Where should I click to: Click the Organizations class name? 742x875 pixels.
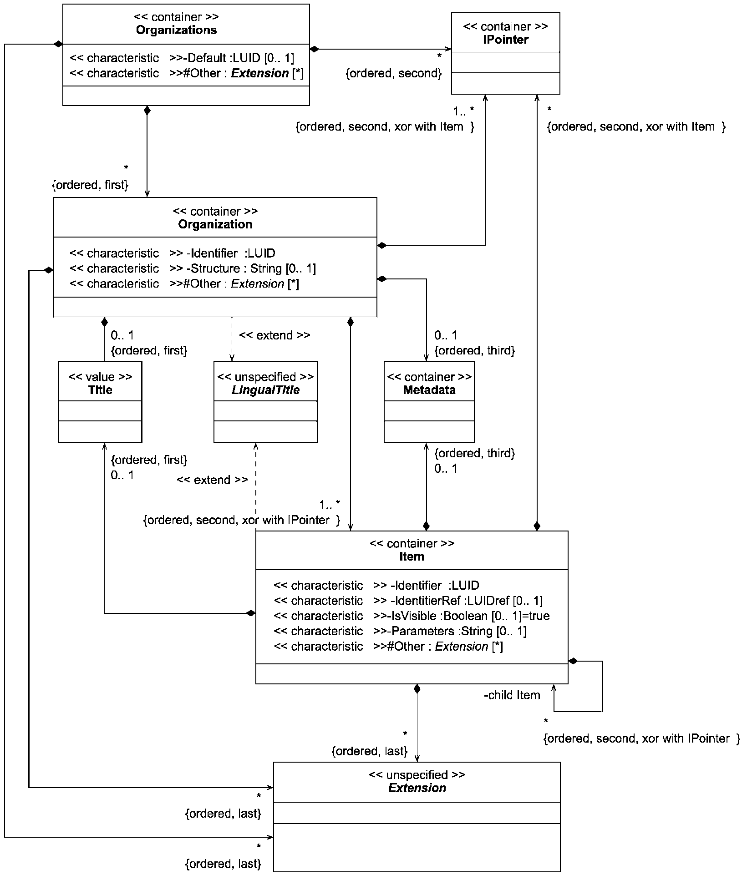click(176, 30)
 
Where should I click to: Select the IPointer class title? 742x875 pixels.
click(505, 40)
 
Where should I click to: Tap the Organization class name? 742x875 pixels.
click(215, 224)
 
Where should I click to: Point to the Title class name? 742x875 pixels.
click(100, 390)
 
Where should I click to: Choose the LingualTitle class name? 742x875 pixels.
click(265, 390)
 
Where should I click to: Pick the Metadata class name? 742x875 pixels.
click(429, 390)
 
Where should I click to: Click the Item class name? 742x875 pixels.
click(412, 556)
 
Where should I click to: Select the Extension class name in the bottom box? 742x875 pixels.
click(417, 788)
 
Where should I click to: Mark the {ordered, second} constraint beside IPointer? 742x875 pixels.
click(394, 73)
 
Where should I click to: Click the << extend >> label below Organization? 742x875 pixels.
click(274, 335)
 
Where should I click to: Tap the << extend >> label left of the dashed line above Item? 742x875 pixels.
click(212, 480)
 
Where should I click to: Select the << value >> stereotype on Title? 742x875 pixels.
click(100, 377)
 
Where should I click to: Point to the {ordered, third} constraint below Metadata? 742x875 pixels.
click(474, 453)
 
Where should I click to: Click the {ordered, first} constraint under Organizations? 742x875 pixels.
click(90, 185)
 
